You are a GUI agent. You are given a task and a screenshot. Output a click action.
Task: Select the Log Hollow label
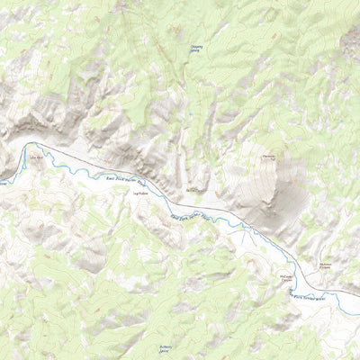pyautogui.click(x=139, y=190)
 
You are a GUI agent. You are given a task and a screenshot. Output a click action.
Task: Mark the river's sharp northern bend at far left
pyautogui.click(x=30, y=145)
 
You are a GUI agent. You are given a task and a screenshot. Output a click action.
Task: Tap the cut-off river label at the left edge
pyautogui.click(x=4, y=183)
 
